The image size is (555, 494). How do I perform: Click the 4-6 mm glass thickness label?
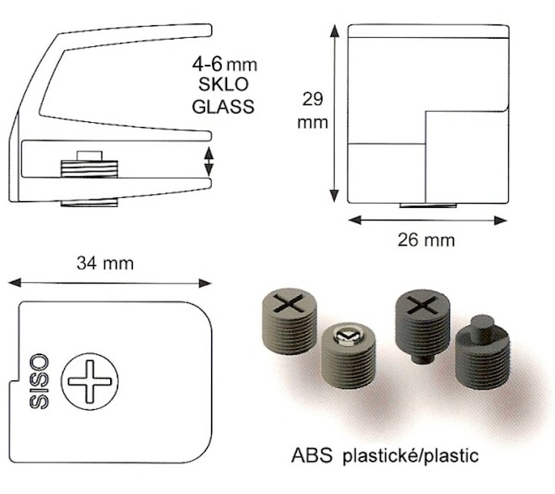(225, 65)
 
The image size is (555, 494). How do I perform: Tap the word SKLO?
(224, 84)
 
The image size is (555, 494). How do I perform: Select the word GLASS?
(223, 106)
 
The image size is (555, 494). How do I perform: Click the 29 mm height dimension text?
(313, 110)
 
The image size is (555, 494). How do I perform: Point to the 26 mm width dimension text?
(425, 240)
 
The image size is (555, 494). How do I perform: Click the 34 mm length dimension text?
(105, 263)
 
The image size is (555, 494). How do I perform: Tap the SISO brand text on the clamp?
(39, 381)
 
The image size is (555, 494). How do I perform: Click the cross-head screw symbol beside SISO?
(89, 381)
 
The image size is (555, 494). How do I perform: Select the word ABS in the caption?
(312, 455)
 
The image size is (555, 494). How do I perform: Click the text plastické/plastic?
(410, 456)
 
